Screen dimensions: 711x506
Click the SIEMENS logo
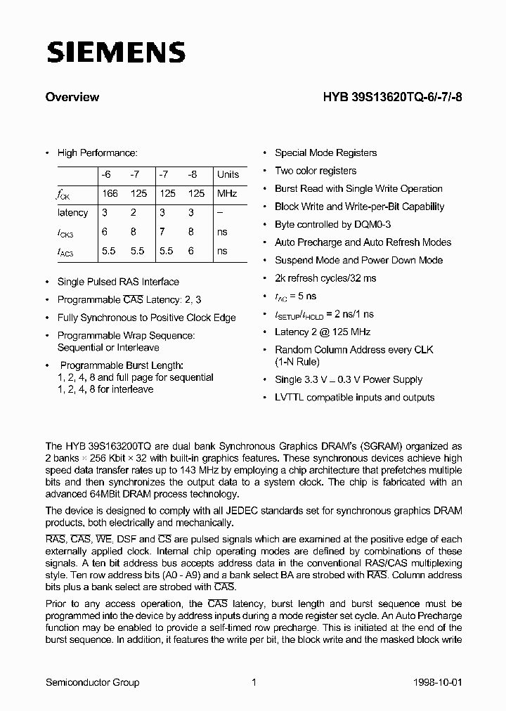pyautogui.click(x=115, y=52)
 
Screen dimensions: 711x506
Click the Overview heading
pyautogui.click(x=72, y=98)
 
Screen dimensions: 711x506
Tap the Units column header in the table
pyautogui.click(x=228, y=174)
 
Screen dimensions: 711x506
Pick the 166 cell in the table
pyautogui.click(x=110, y=193)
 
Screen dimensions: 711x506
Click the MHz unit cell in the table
pyautogui.click(x=227, y=193)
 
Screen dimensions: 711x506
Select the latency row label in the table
pyautogui.click(x=72, y=212)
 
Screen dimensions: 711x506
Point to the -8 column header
pyautogui.click(x=193, y=174)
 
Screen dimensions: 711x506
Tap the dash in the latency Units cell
pyautogui.click(x=220, y=212)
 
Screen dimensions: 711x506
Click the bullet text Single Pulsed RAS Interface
pyautogui.click(x=117, y=282)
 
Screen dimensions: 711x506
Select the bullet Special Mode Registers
pyautogui.click(x=325, y=152)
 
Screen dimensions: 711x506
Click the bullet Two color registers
pyautogui.click(x=315, y=171)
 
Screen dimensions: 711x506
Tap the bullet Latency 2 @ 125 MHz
pyautogui.click(x=322, y=332)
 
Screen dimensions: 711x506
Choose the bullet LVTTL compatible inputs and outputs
pyautogui.click(x=354, y=397)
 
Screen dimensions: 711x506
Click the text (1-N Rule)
pyautogui.click(x=297, y=362)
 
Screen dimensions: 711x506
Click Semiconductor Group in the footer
pyautogui.click(x=92, y=682)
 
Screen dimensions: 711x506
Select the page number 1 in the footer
pyautogui.click(x=253, y=682)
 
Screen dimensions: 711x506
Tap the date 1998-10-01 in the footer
pyautogui.click(x=438, y=682)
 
